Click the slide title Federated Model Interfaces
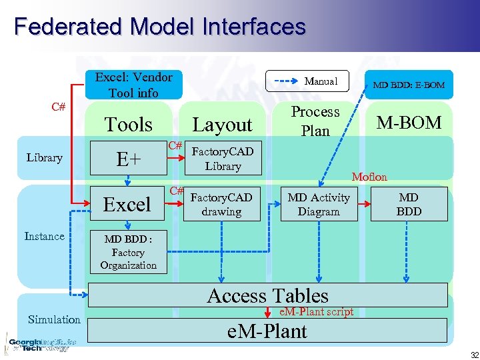[159, 27]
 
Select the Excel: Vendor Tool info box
[133, 85]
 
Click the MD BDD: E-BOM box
[409, 85]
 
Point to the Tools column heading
[129, 125]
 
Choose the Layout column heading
[222, 125]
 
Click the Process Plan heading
[315, 121]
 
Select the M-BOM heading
[409, 123]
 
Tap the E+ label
[128, 159]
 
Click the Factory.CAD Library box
[223, 159]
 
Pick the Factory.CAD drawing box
[222, 204]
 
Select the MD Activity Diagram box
[318, 204]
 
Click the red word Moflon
[369, 177]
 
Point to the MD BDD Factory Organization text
[128, 253]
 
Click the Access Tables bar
[268, 295]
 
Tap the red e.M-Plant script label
[316, 312]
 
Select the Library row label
[44, 158]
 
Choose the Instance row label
[44, 237]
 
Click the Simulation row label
[54, 319]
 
